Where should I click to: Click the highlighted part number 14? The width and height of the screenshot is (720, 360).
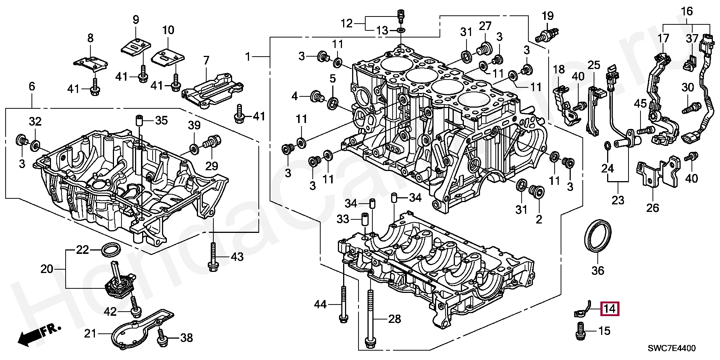[610, 309]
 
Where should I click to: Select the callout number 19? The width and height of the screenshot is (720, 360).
[547, 16]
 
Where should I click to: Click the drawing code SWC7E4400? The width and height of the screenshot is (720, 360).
[672, 348]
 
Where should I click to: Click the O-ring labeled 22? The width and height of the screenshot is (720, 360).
[109, 249]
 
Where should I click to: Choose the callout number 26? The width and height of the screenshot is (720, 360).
[652, 207]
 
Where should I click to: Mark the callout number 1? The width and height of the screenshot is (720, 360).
[247, 57]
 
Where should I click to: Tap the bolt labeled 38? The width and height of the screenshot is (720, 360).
[162, 337]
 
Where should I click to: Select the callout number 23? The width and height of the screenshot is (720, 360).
[618, 200]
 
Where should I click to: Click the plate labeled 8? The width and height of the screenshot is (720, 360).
[90, 64]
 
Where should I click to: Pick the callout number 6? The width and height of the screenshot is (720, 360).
[31, 87]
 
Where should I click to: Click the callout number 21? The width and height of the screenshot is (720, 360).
[90, 333]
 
